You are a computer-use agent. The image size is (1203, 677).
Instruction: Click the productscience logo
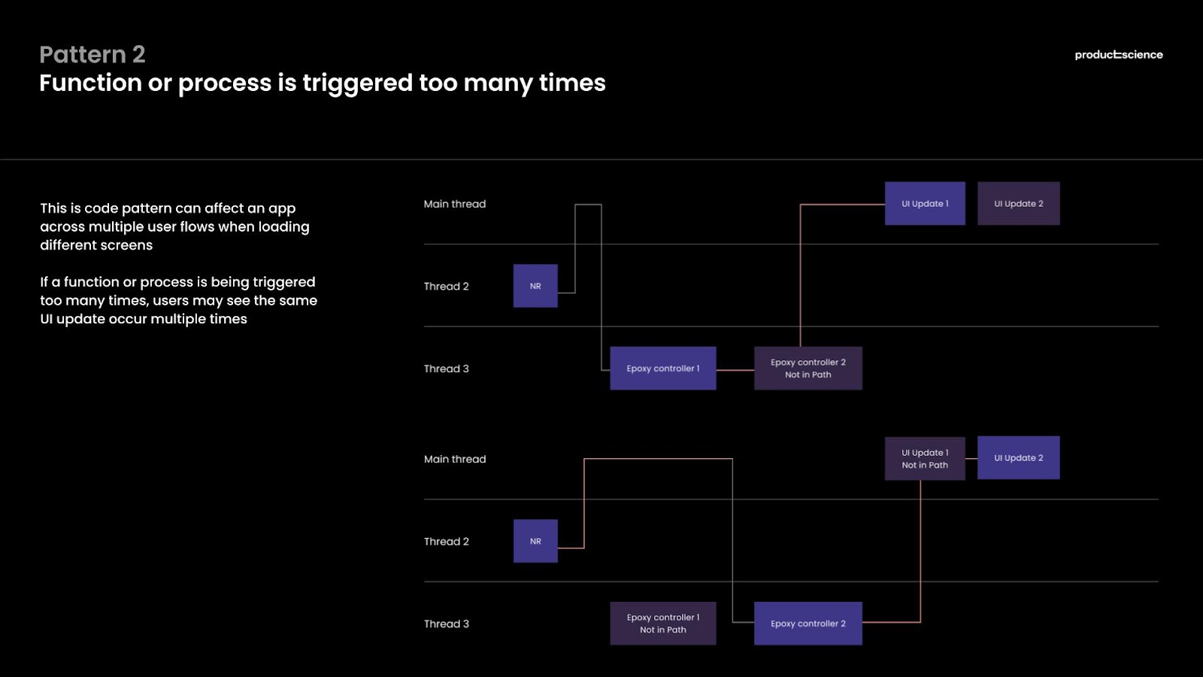point(1119,55)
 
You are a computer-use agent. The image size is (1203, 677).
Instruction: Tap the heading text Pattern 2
point(92,54)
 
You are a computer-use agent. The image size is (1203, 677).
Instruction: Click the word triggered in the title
point(358,83)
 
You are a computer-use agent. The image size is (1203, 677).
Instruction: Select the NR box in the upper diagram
point(535,286)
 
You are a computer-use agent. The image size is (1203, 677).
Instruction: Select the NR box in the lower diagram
point(535,541)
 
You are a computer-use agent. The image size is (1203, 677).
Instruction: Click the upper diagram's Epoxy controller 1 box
point(663,369)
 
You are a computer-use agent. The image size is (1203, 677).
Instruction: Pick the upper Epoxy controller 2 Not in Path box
point(808,369)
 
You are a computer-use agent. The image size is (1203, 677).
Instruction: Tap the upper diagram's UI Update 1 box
point(925,204)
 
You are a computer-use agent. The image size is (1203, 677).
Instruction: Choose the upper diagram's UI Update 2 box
point(1019,204)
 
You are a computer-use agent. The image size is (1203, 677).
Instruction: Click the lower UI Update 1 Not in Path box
point(925,459)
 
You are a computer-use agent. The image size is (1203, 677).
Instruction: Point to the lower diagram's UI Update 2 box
point(1019,458)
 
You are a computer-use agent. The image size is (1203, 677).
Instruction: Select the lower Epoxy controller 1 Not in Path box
point(663,624)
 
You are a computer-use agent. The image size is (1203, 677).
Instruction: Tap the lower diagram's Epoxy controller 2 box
point(808,624)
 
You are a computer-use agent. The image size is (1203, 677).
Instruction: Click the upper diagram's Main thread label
point(455,204)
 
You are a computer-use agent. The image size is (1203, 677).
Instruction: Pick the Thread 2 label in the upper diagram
point(447,287)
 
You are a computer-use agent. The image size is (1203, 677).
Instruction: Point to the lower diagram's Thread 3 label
point(447,624)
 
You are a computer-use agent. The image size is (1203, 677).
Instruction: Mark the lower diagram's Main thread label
point(455,460)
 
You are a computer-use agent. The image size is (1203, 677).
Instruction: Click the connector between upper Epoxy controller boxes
point(735,370)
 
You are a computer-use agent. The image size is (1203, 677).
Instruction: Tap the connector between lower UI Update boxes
point(971,459)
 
